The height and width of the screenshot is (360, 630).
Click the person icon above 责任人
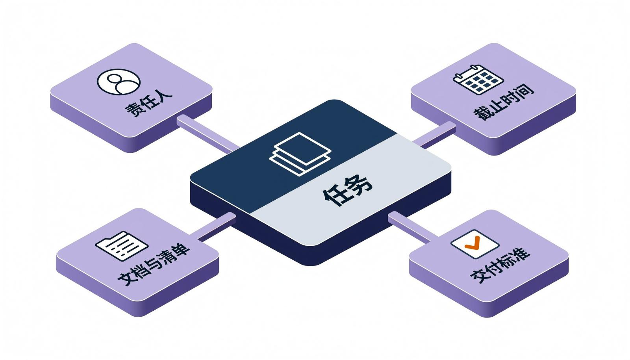coord(119,82)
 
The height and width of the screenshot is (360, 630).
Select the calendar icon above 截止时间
coord(478,80)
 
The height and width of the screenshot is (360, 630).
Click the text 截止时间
coord(504,102)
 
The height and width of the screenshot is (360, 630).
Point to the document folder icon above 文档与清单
coord(122,246)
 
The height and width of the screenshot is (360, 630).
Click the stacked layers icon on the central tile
coord(300,154)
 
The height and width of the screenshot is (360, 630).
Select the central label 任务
coord(348,190)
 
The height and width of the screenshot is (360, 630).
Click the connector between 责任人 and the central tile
coord(208,134)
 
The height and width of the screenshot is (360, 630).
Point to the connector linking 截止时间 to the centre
coord(435,135)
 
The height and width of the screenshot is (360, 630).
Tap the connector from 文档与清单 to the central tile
coord(213,227)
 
